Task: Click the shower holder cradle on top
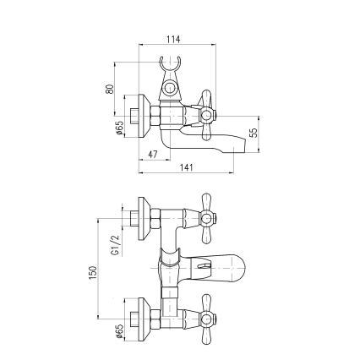pos(170,66)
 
